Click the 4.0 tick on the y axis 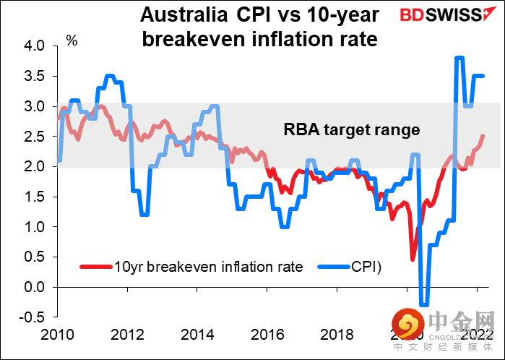(x=35, y=46)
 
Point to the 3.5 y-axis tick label (x=35, y=76)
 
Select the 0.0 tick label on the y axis (x=35, y=287)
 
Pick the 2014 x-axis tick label (x=197, y=335)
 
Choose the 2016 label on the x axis (x=267, y=335)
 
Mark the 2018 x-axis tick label (x=337, y=335)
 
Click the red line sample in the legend (x=95, y=266)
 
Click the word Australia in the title (x=171, y=14)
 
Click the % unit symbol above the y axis (x=72, y=40)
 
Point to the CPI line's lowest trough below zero (x=423, y=304)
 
